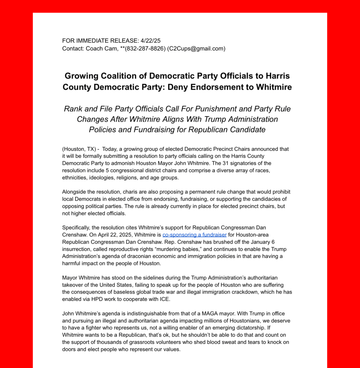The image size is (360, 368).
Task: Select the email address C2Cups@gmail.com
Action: tap(196, 49)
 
